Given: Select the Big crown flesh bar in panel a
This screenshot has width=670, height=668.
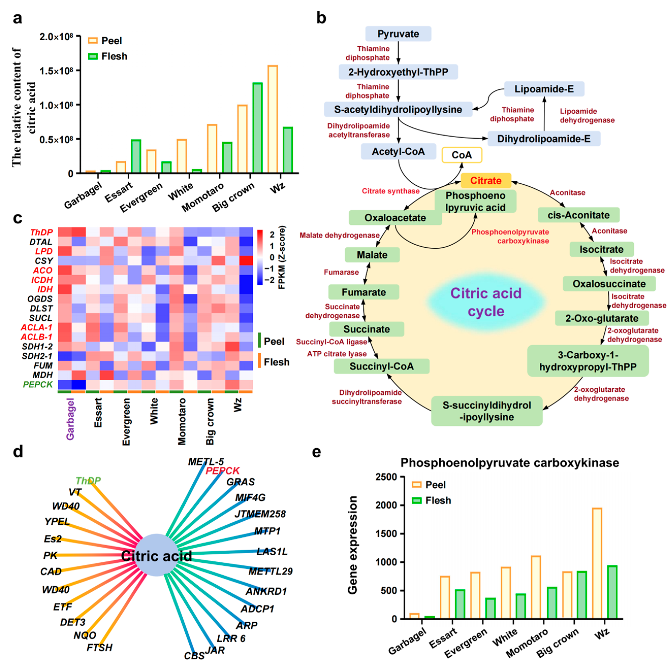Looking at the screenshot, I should click(257, 128).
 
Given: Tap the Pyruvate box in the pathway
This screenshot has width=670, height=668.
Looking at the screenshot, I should click(398, 34).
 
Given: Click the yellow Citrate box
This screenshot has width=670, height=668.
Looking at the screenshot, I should click(486, 181).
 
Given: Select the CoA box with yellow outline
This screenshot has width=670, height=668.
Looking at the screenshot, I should click(461, 155).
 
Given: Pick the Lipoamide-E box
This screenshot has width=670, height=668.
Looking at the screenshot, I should click(544, 89).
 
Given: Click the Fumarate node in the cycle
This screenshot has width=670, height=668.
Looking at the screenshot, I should click(363, 292).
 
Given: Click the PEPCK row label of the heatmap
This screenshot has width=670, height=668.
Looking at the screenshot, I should click(37, 384).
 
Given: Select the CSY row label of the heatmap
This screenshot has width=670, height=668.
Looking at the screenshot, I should click(44, 261).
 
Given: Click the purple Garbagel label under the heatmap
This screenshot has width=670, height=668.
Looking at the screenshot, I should click(70, 419).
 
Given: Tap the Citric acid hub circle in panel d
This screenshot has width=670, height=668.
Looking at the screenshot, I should click(156, 556).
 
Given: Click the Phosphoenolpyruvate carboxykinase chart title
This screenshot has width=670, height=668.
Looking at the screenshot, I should click(509, 463).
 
